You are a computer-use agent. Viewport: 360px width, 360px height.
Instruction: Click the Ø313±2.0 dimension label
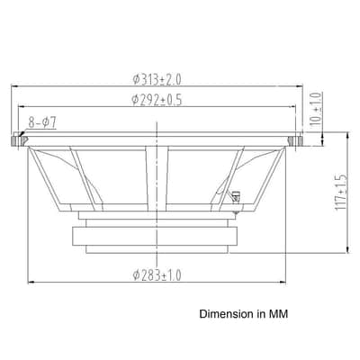(x=157, y=79)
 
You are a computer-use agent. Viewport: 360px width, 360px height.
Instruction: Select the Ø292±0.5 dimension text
(x=157, y=100)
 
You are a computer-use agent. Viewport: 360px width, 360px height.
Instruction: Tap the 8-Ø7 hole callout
(x=42, y=122)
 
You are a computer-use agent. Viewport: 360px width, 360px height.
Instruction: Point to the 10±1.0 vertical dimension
(x=316, y=110)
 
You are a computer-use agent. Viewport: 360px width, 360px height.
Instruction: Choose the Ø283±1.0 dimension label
(x=157, y=275)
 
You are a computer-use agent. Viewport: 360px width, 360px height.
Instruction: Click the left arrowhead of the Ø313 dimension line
(x=13, y=86)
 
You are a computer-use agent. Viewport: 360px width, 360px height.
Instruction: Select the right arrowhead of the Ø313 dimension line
(x=300, y=86)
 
